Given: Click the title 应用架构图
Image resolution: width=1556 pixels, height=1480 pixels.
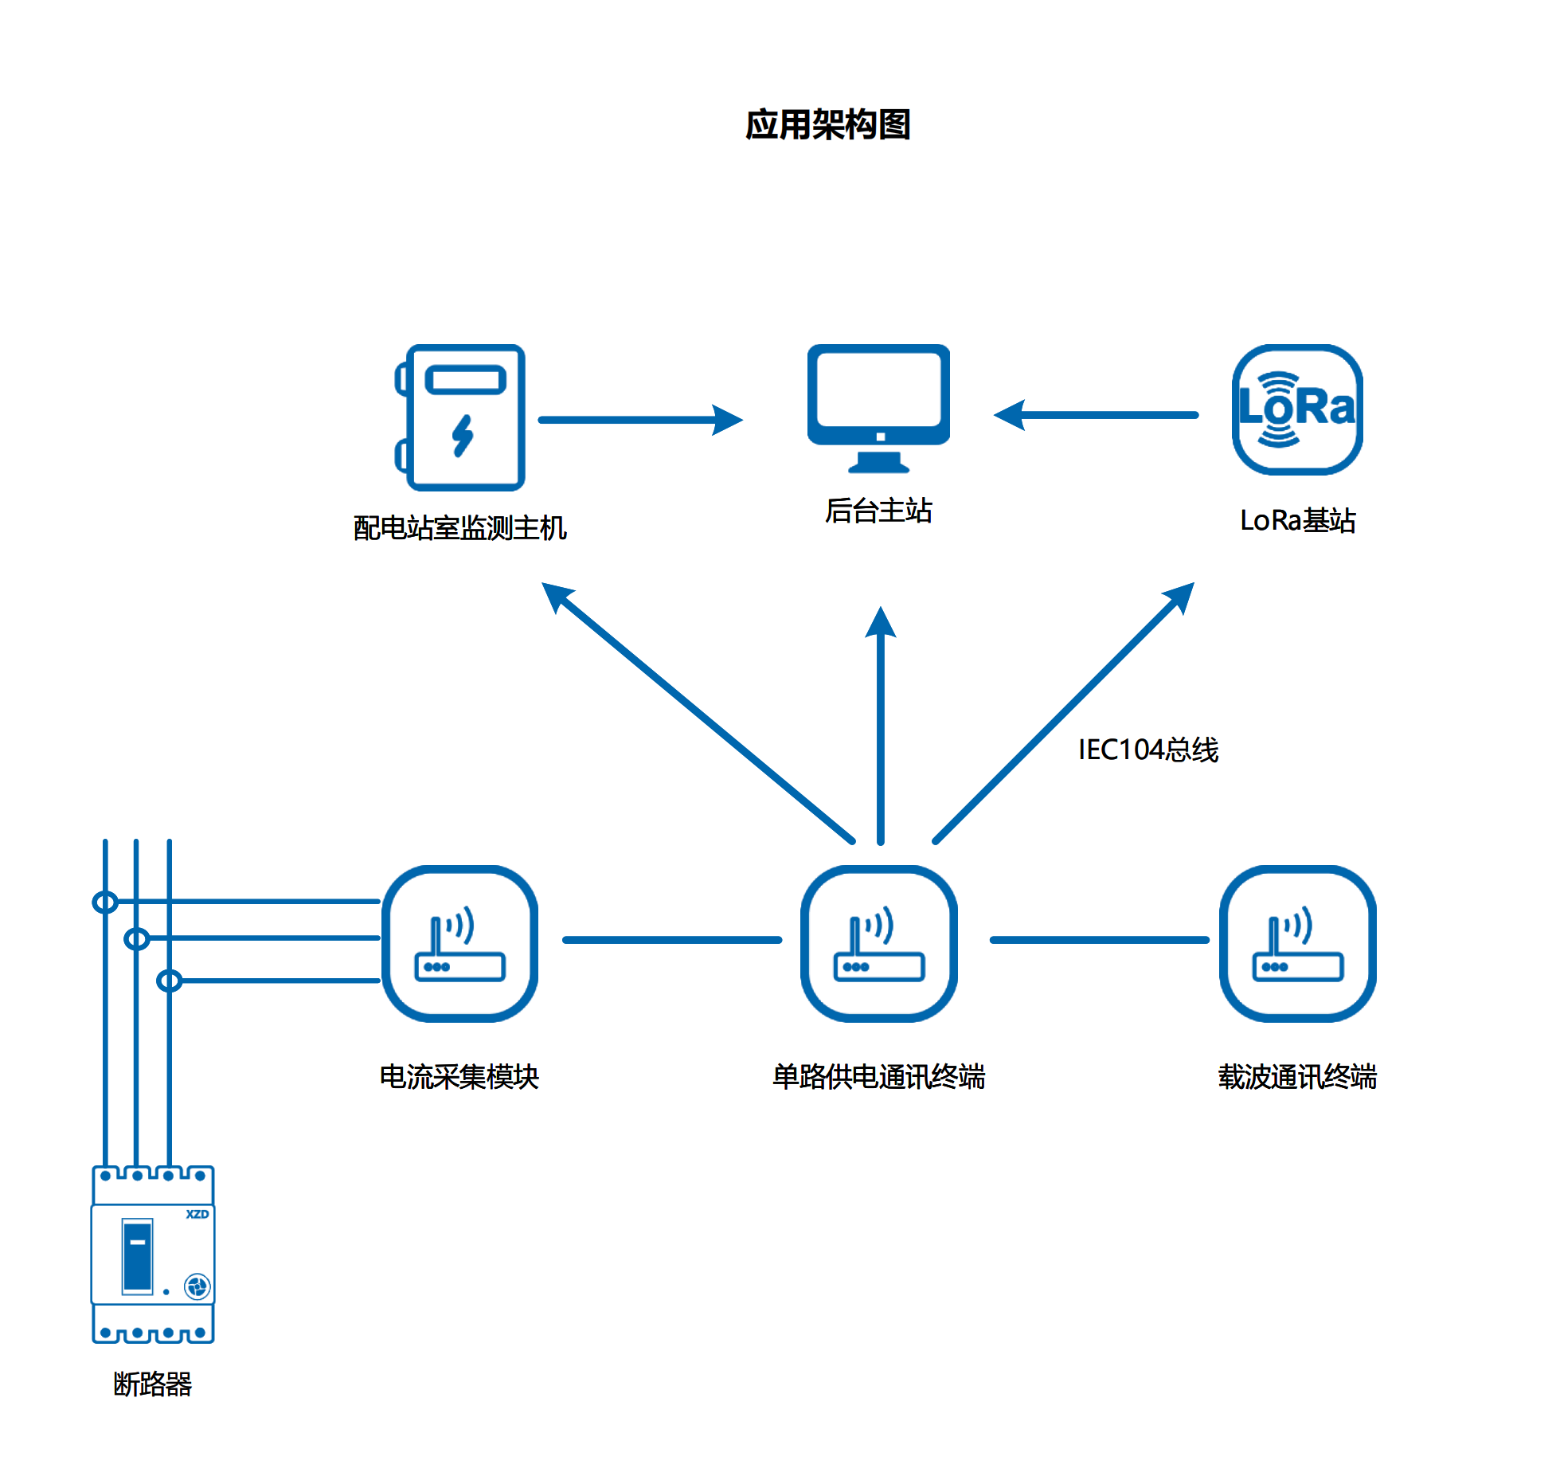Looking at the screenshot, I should [827, 125].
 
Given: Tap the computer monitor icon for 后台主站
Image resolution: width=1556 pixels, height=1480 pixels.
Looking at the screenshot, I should [878, 407].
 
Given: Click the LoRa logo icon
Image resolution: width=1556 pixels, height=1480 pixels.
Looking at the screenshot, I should [1297, 409].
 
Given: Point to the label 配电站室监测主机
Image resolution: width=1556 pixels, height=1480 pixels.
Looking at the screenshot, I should [459, 528].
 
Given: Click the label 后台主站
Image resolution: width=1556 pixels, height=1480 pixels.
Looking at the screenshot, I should [878, 511].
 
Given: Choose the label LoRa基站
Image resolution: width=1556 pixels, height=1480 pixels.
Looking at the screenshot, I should [1297, 520].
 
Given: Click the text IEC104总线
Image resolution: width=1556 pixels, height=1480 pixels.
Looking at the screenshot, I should [1147, 750].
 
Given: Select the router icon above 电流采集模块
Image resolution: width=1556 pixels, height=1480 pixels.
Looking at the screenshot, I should [460, 943].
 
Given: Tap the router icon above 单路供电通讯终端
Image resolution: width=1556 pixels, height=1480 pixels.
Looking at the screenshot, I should [879, 943].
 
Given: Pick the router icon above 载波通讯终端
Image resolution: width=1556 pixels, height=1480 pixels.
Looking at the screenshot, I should [1298, 943].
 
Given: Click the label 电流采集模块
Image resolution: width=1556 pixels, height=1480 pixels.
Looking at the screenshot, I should [459, 1077].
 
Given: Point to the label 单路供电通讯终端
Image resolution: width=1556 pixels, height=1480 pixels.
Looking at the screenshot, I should [878, 1077].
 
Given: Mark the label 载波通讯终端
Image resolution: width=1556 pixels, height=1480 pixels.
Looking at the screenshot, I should [1297, 1077].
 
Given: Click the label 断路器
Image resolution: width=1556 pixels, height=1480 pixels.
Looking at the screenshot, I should [153, 1384].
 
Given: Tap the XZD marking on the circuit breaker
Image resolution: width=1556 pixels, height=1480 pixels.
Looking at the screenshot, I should [197, 1214].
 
